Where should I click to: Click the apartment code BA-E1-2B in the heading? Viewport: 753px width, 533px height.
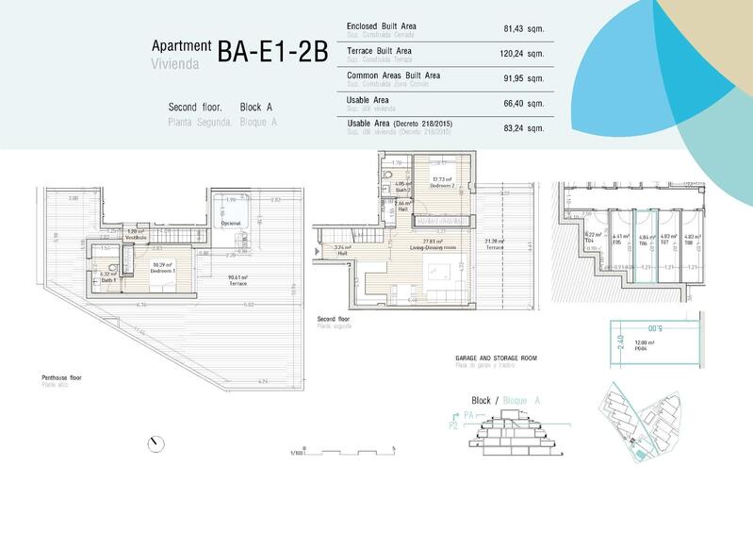(x=272, y=51)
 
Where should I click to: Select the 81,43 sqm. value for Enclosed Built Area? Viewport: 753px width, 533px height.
(x=524, y=29)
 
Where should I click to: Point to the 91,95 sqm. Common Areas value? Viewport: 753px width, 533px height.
(x=524, y=78)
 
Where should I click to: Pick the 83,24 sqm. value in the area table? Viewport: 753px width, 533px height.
(x=524, y=127)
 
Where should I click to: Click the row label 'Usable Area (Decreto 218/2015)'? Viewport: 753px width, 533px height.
(x=401, y=124)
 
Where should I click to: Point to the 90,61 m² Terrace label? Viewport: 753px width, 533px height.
(x=237, y=280)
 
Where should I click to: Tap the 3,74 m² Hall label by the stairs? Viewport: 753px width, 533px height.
(x=342, y=250)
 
